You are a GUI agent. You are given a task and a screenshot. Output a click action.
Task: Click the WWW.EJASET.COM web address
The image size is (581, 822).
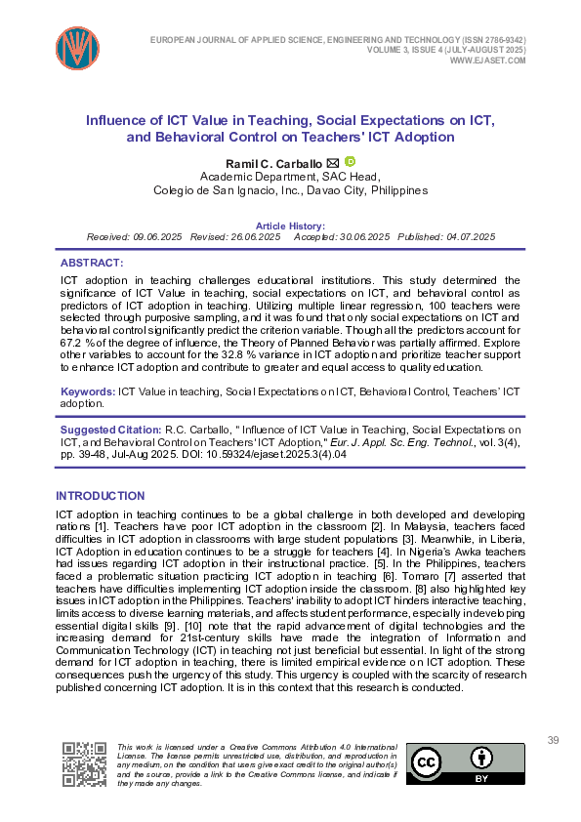point(487,61)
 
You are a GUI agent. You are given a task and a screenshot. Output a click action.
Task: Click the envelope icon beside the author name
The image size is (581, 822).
point(332,162)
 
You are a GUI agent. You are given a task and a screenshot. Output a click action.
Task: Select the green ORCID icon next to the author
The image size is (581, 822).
point(350,161)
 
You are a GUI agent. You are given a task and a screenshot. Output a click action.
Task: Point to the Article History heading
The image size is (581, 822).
point(290,226)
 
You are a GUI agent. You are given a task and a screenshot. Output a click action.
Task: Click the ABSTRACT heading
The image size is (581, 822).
point(92,264)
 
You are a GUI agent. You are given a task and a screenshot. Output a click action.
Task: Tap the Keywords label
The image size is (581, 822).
point(87,391)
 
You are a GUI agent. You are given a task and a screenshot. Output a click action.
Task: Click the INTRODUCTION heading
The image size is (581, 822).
point(101,496)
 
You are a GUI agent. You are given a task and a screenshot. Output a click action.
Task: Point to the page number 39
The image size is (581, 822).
point(554,741)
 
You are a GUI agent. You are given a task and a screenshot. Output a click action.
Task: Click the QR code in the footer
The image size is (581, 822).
point(85,763)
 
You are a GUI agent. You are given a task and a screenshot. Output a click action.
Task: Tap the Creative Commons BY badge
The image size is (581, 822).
point(465,763)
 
